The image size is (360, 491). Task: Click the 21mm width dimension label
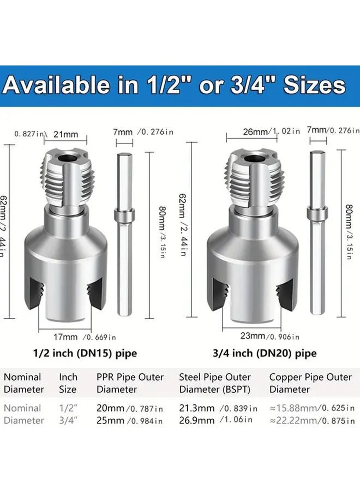(66, 134)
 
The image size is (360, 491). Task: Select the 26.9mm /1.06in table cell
(215, 420)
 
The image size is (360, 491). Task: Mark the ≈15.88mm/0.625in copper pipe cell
(311, 408)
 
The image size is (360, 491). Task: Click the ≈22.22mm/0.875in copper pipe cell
(311, 421)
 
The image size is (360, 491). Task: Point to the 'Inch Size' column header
(68, 383)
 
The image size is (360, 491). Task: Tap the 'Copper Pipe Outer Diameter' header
(310, 383)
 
